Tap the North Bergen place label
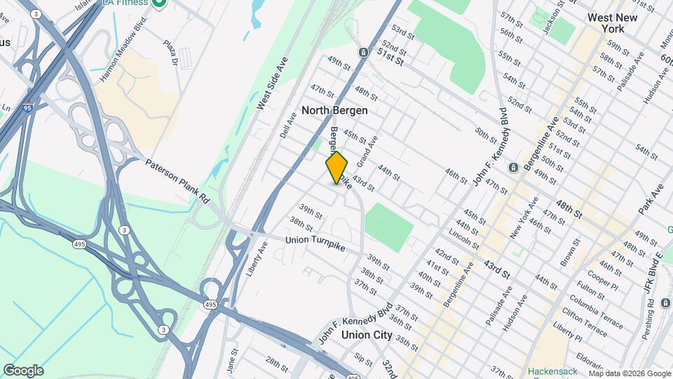(x=334, y=110)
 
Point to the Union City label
(x=367, y=335)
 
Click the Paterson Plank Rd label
(x=177, y=180)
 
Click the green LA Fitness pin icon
(x=160, y=4)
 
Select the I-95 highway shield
(x=27, y=108)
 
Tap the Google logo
(x=23, y=370)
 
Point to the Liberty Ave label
(x=258, y=259)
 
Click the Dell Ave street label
(x=288, y=126)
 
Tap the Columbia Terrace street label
(x=596, y=311)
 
